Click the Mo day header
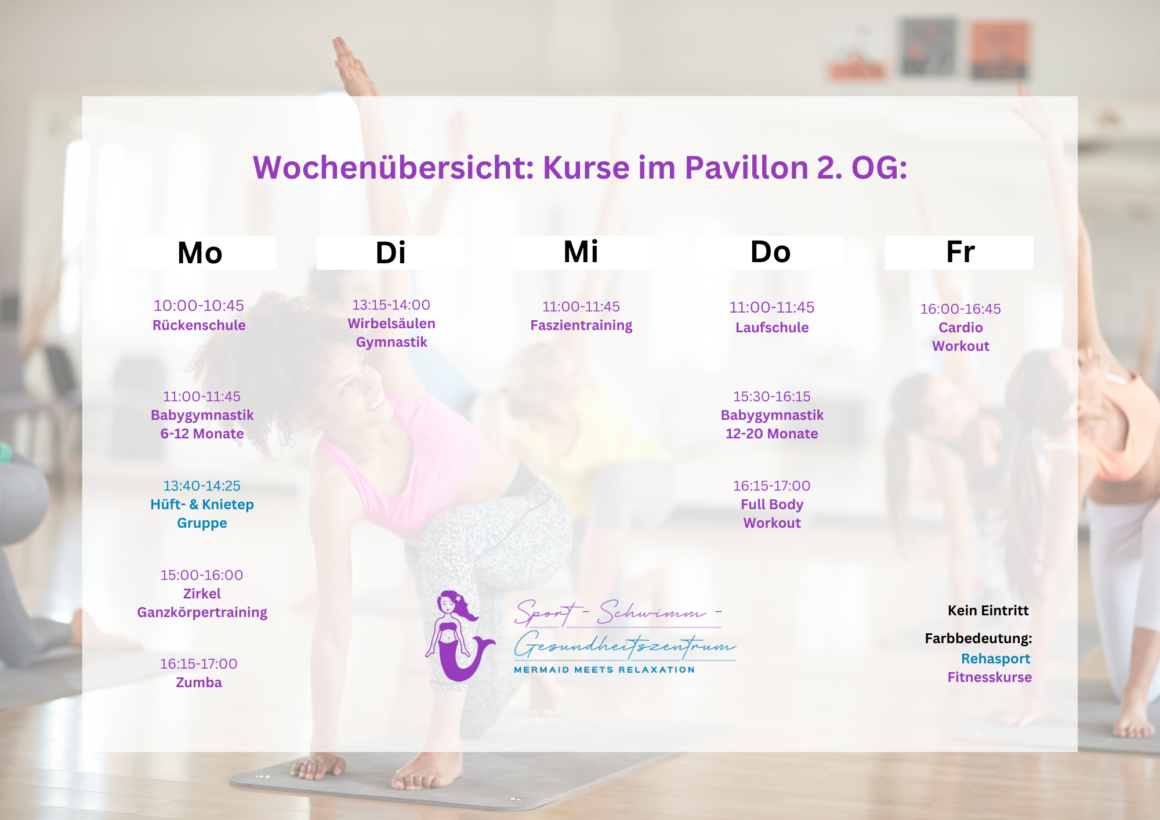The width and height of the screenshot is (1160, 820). click(200, 253)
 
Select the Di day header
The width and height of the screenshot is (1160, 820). click(390, 253)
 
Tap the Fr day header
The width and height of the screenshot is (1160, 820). click(960, 252)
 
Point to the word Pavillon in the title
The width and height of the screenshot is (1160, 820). click(746, 168)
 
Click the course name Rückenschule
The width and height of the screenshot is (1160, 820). click(199, 325)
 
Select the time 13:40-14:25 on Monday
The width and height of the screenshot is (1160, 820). click(202, 486)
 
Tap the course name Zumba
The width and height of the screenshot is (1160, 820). click(199, 683)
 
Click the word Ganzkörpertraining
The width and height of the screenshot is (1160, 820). click(202, 612)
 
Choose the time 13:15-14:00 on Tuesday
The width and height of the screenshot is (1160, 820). click(391, 305)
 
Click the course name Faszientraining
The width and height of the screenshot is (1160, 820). click(581, 325)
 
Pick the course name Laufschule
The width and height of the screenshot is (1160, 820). click(772, 328)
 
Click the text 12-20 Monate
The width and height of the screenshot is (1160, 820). click(772, 434)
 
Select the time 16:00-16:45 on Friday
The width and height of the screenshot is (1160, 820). click(960, 309)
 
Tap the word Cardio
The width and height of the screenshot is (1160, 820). click(960, 328)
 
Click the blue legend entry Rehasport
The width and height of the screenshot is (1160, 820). click(995, 659)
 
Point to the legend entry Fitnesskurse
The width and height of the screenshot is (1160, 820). click(989, 677)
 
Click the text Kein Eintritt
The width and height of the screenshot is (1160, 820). click(988, 611)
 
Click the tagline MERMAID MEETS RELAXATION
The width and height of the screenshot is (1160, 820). click(604, 670)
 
